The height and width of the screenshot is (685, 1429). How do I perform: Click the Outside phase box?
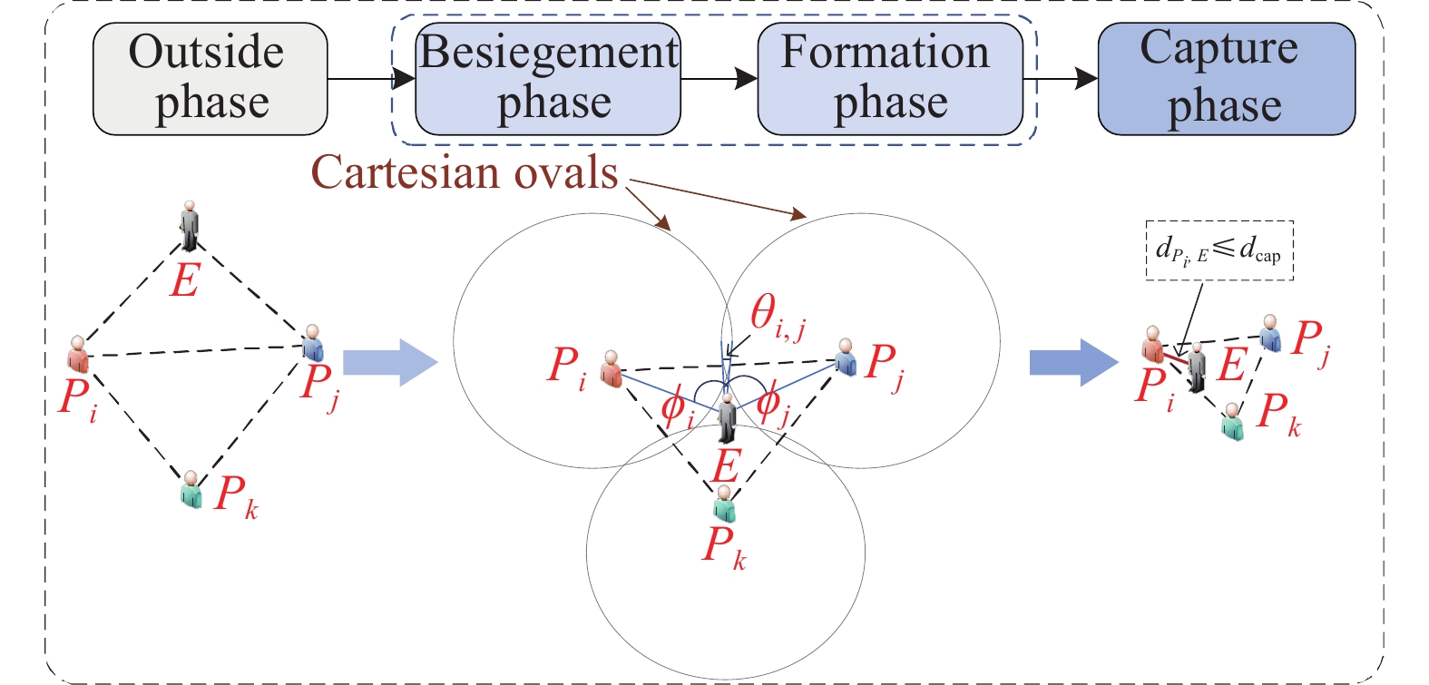point(210,79)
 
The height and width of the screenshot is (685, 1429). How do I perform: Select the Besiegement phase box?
point(548,79)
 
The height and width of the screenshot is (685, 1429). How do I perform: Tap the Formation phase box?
point(889,79)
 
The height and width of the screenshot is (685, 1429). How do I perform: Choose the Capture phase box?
point(1226,79)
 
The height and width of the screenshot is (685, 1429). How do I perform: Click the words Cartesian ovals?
point(465,172)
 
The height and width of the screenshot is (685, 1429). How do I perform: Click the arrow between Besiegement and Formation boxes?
point(719,79)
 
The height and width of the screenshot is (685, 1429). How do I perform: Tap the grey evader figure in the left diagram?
point(189,224)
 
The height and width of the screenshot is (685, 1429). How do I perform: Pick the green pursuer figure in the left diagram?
point(191,489)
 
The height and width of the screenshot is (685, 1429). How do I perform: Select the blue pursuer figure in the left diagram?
point(312,343)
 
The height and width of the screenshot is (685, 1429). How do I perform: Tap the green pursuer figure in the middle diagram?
point(723,504)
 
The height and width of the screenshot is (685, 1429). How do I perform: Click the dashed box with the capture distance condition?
point(1219,250)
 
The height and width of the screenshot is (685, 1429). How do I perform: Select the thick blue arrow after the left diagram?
point(390,362)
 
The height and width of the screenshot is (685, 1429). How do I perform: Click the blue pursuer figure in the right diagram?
point(1269,334)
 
